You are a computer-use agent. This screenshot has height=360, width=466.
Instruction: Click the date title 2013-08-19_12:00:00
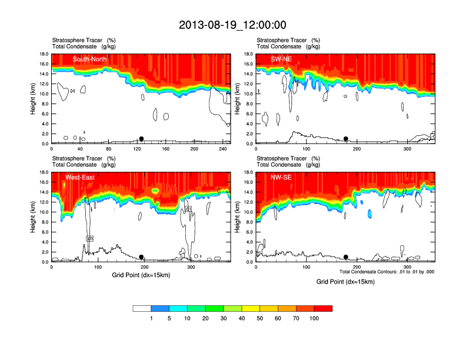[x=232, y=25]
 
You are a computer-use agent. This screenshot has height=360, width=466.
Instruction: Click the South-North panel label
[x=89, y=59]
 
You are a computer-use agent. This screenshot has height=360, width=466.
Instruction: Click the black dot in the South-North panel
[x=141, y=139]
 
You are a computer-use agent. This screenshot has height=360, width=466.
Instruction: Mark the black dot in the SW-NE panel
[x=346, y=139]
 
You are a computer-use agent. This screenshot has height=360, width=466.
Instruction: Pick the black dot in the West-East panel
[x=141, y=257]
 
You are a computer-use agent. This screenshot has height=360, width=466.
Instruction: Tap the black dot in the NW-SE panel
[x=346, y=257]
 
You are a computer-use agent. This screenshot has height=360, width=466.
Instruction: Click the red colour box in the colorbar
[x=323, y=308]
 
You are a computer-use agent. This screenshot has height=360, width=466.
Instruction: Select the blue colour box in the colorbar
[x=160, y=308]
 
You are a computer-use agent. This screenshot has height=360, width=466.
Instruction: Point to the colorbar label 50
[x=260, y=318]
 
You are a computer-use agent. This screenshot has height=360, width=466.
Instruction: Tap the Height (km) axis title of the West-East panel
[x=33, y=217]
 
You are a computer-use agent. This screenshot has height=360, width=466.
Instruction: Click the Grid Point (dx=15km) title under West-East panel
[x=141, y=275]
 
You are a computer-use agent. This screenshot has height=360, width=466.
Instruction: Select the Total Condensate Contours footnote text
[x=387, y=272]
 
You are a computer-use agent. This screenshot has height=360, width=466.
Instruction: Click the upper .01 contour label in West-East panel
[x=188, y=209]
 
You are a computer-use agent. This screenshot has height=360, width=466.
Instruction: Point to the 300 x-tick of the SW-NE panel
[x=407, y=149]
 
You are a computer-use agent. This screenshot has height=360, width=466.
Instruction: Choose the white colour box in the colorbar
[x=142, y=308]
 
